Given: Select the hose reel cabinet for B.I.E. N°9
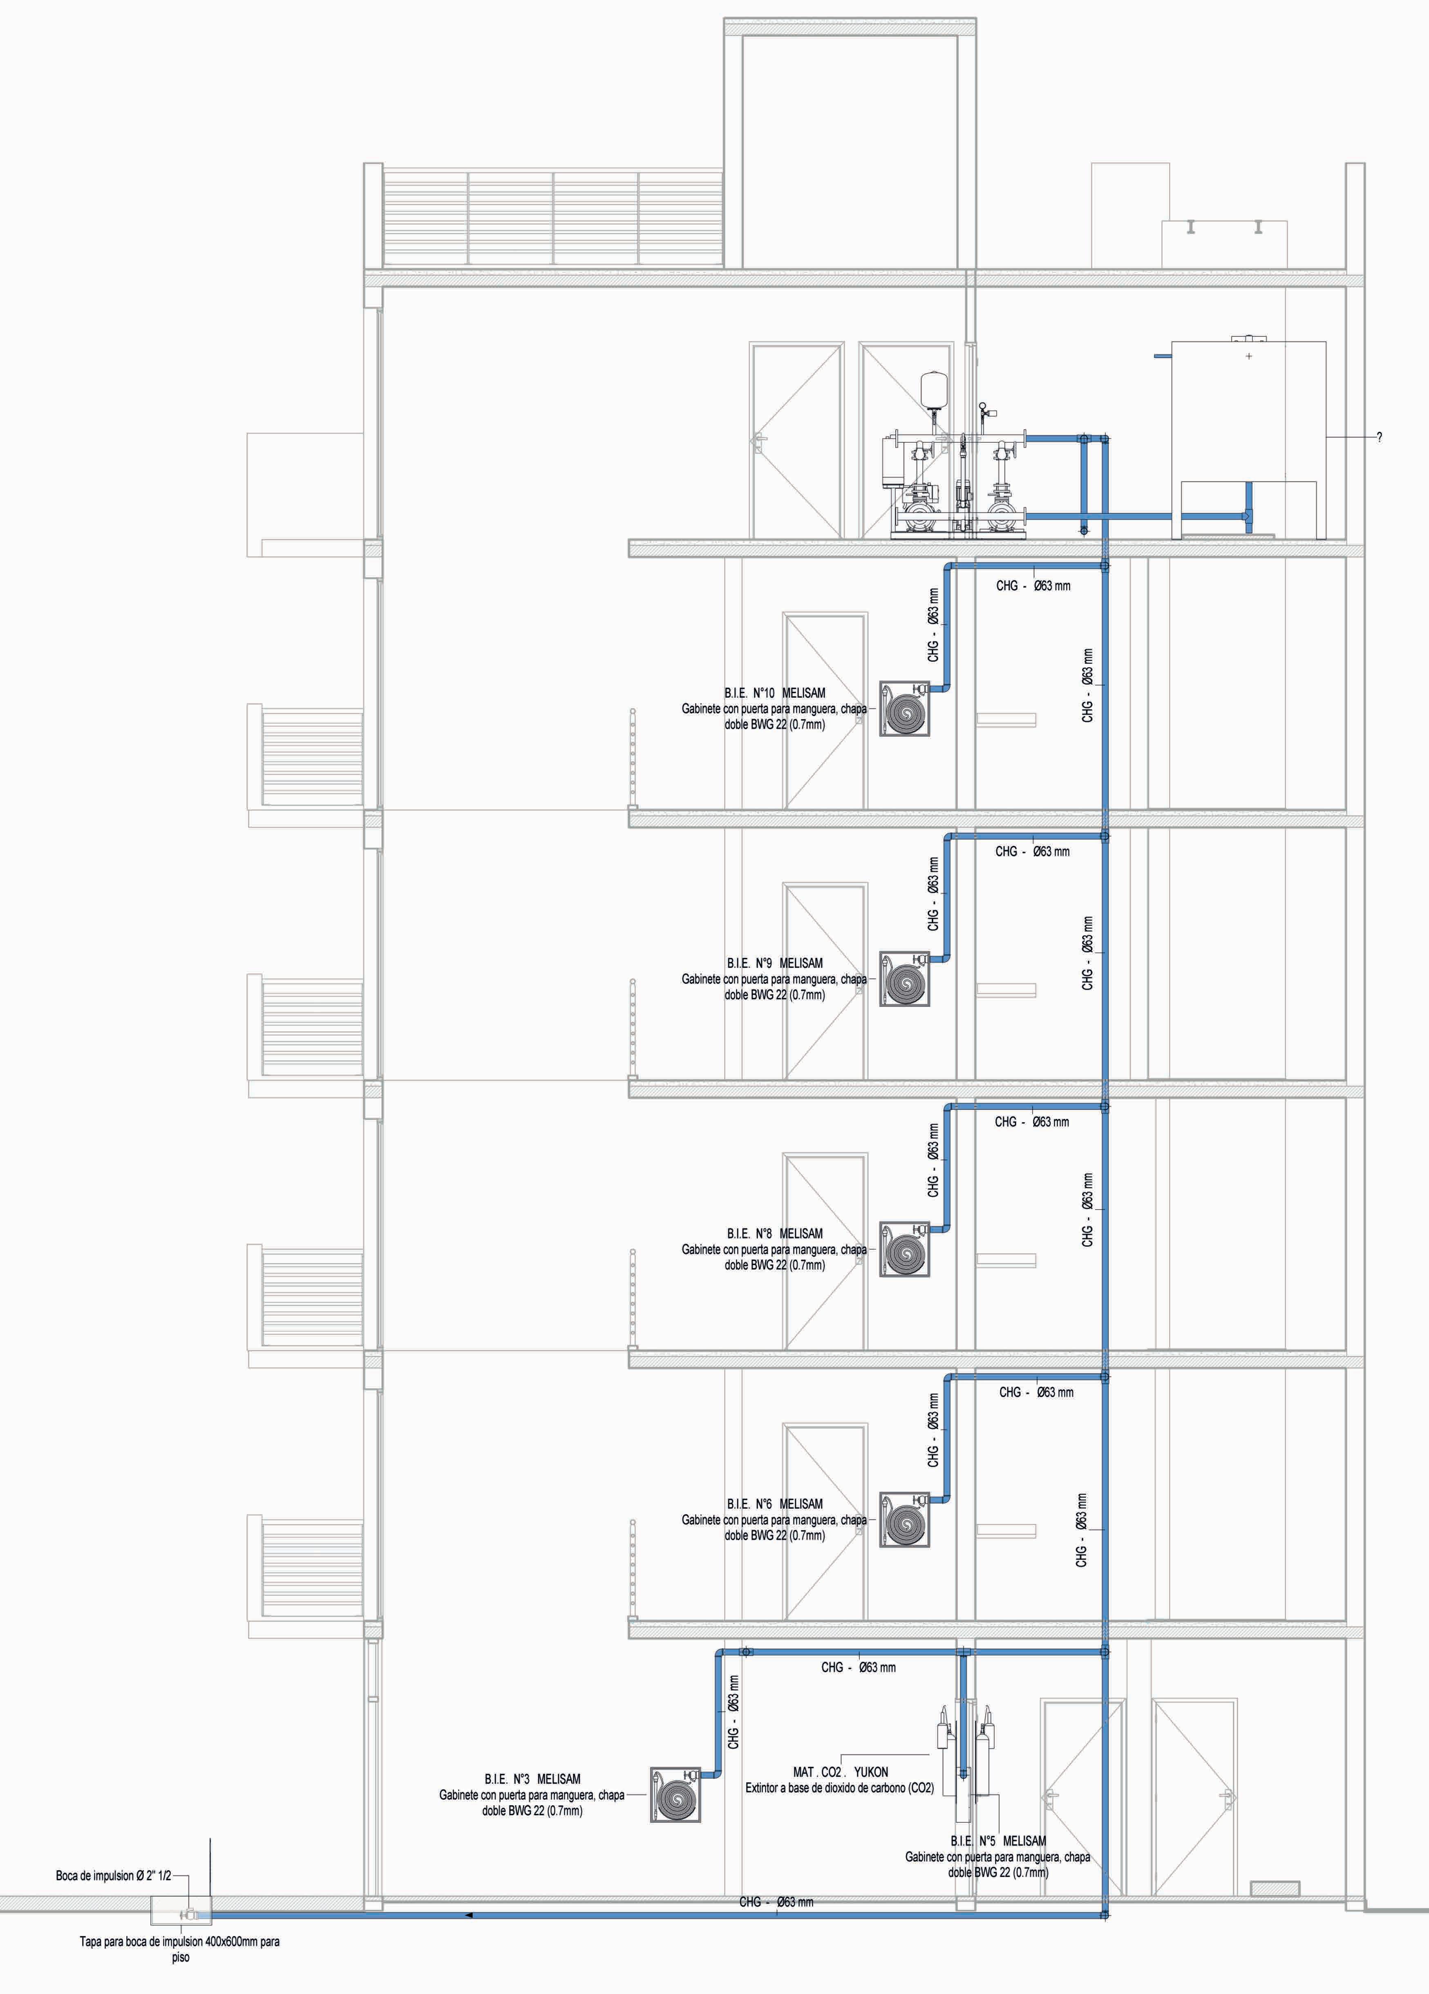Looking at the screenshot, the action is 904,979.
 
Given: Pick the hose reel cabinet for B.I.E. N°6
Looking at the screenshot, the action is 904,1519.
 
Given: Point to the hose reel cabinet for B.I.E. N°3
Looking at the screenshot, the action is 675,1795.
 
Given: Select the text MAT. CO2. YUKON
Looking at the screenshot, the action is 840,1772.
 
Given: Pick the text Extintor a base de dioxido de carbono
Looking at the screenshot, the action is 839,1788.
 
